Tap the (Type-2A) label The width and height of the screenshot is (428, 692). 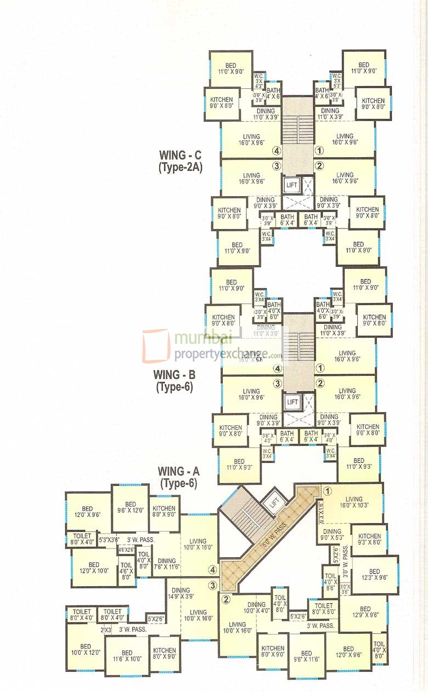pyautogui.click(x=180, y=168)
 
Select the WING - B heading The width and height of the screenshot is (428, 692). pyautogui.click(x=174, y=375)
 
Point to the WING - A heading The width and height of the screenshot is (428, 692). pyautogui.click(x=178, y=471)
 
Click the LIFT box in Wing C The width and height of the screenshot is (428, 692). pyautogui.click(x=291, y=185)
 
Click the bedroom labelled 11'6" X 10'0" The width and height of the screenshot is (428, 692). pyautogui.click(x=127, y=656)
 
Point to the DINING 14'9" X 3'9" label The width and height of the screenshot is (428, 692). pyautogui.click(x=181, y=593)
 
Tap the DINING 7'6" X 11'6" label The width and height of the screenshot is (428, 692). pyautogui.click(x=166, y=564)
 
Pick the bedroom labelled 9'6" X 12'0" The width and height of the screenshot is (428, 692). pyautogui.click(x=130, y=508)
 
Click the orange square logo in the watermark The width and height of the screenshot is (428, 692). pyautogui.click(x=156, y=346)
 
